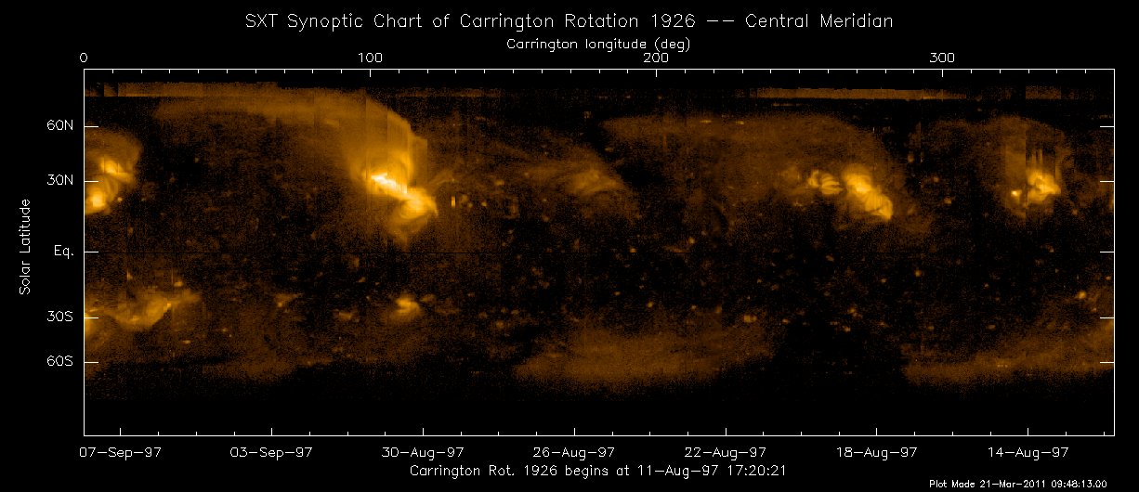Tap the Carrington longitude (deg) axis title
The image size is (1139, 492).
597,43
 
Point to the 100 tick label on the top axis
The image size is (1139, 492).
370,58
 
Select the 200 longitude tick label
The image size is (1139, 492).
656,58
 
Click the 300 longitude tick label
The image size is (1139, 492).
942,58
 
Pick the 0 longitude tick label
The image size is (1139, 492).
85,58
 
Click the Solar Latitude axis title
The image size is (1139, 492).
26,247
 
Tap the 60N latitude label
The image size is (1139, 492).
61,126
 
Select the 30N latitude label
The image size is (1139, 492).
61,182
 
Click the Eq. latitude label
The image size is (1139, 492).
63,252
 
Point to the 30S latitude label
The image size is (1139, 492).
61,317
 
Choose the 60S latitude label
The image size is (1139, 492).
61,362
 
